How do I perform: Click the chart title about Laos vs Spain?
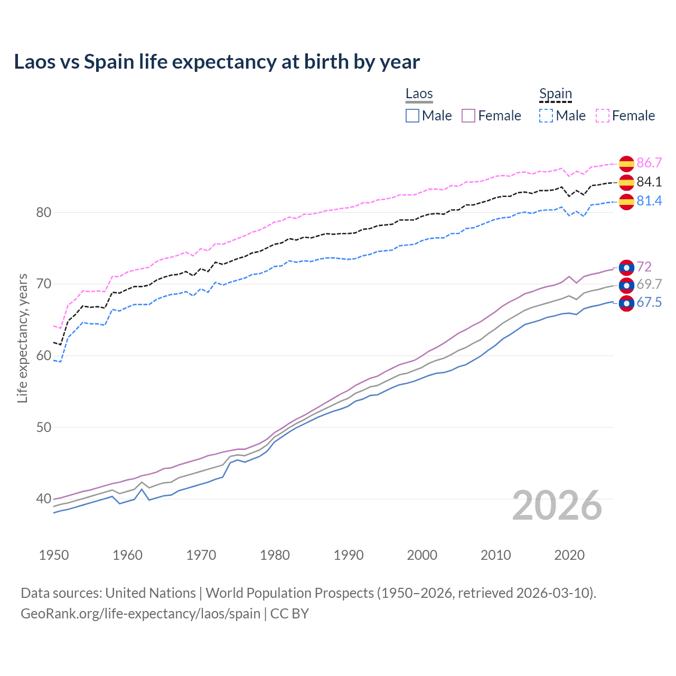click(217, 62)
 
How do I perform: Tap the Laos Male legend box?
click(412, 116)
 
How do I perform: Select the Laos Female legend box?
click(468, 116)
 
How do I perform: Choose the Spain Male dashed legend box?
click(546, 116)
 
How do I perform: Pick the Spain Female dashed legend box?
click(603, 116)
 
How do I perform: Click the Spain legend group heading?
click(556, 94)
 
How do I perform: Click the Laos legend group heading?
click(419, 94)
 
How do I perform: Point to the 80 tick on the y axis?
click(43, 213)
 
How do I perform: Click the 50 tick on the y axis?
click(43, 427)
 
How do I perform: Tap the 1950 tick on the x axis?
click(54, 555)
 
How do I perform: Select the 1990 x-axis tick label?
click(349, 555)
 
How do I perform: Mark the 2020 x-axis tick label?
click(569, 555)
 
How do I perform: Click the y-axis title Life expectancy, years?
click(22, 338)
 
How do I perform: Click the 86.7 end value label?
click(649, 163)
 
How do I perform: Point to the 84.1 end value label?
click(649, 182)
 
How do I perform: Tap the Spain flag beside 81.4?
click(626, 201)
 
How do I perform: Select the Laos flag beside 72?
click(626, 268)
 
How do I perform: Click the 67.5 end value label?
click(649, 303)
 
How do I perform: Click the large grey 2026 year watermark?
click(557, 505)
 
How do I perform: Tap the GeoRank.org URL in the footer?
click(140, 614)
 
